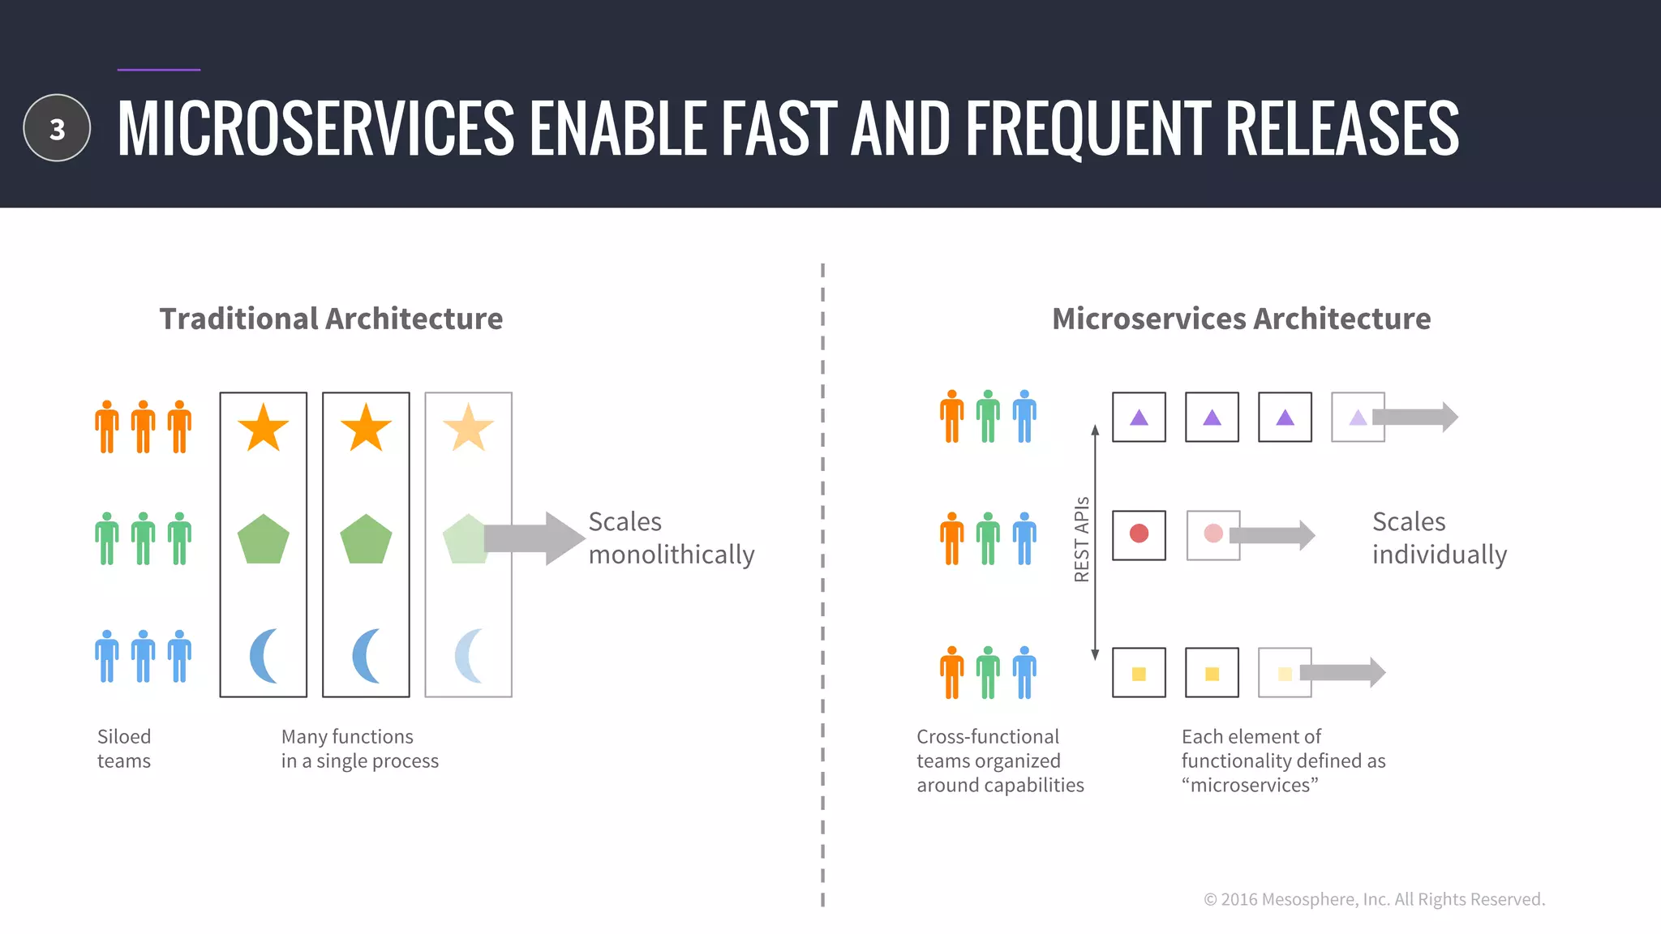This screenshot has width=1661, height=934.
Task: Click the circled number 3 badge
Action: click(57, 128)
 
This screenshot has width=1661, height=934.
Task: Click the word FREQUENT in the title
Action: click(1088, 128)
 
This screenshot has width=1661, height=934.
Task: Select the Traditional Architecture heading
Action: click(331, 319)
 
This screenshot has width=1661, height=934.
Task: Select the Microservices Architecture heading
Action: click(1241, 319)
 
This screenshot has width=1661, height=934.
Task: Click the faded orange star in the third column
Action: click(468, 428)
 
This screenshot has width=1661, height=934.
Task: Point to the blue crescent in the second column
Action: click(365, 655)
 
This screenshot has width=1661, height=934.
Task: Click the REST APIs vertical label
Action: click(1081, 539)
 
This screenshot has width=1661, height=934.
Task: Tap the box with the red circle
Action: click(1139, 535)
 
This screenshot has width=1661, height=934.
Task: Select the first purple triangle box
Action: click(1139, 418)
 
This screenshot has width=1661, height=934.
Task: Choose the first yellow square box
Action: click(1139, 673)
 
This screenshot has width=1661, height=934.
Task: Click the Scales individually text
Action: click(1439, 538)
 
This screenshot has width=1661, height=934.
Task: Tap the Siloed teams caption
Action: click(124, 748)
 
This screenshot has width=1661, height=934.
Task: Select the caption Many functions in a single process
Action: click(359, 748)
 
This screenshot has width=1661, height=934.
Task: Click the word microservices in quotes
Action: click(1250, 786)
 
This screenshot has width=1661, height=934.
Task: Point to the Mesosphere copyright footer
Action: click(1374, 899)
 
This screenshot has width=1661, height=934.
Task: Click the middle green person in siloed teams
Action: click(143, 538)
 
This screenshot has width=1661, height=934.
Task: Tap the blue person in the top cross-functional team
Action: click(1024, 417)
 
